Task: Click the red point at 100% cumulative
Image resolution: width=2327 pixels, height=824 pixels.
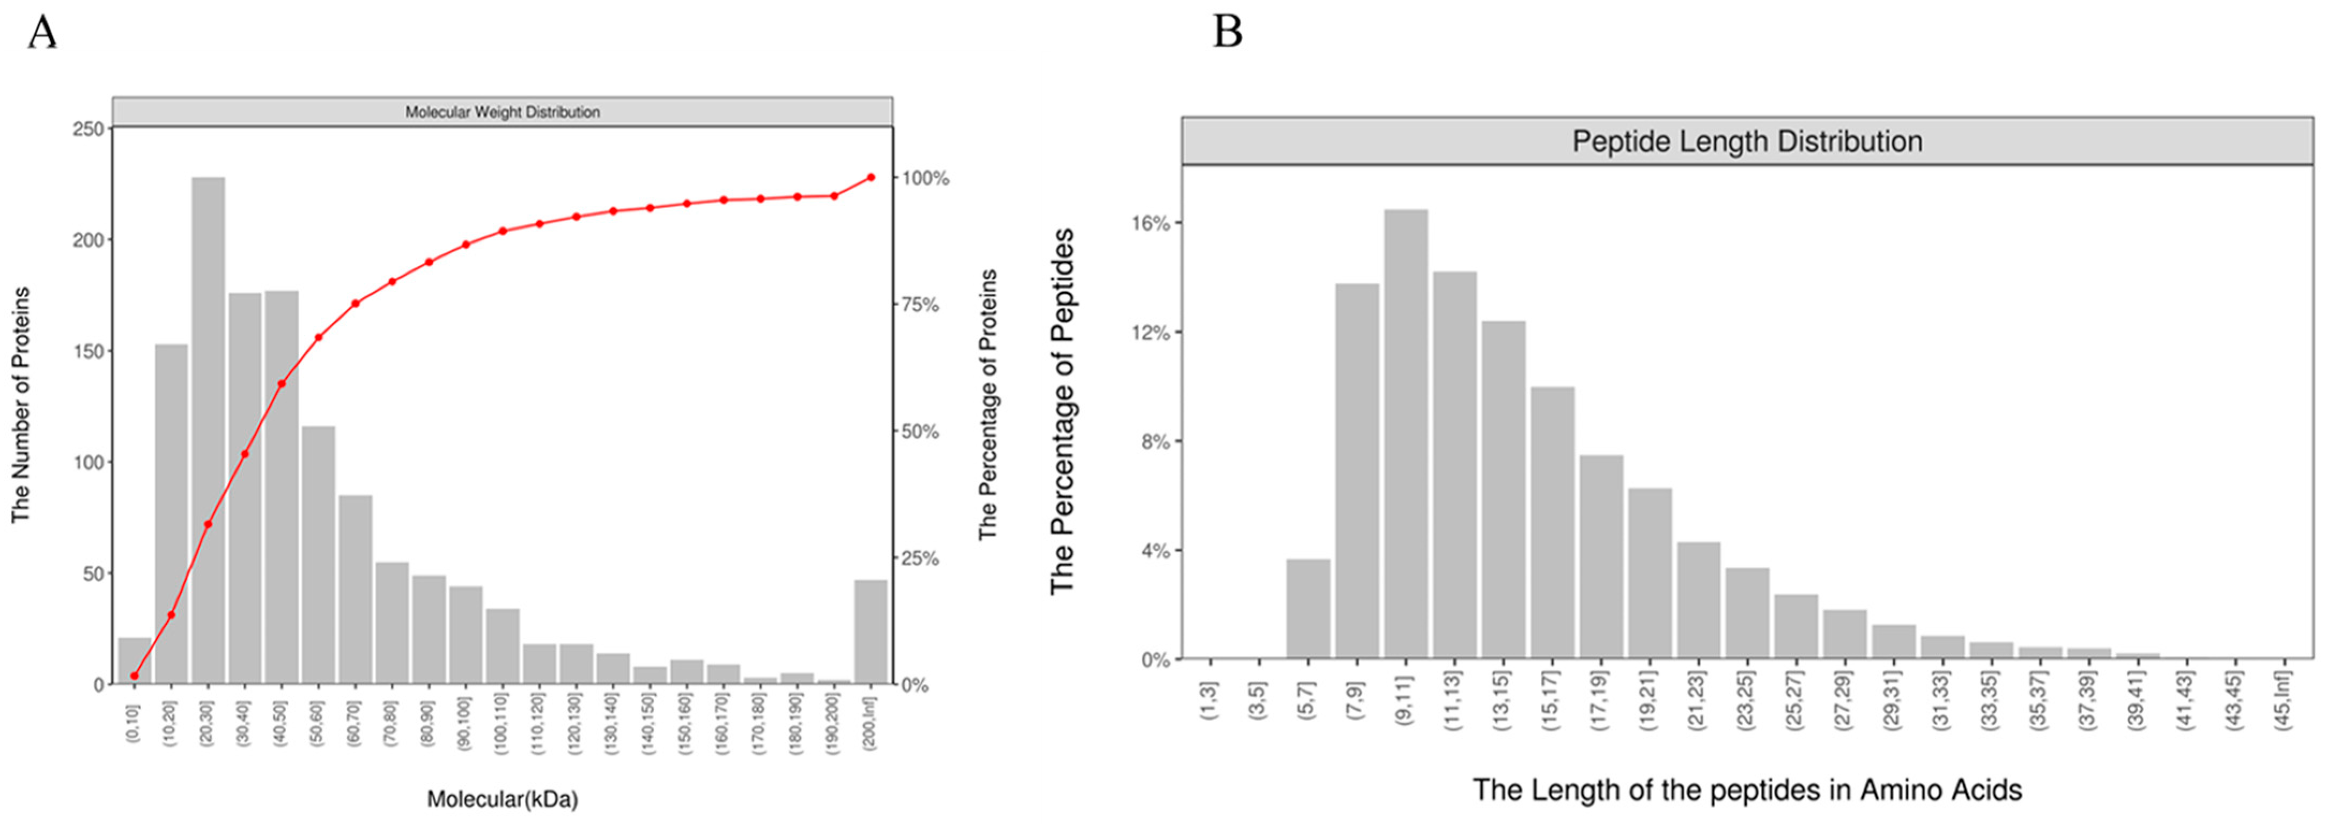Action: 871,177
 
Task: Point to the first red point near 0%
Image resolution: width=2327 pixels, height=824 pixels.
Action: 135,676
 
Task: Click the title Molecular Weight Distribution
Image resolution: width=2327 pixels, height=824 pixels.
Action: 503,112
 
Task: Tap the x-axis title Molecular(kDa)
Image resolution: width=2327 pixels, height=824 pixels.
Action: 503,799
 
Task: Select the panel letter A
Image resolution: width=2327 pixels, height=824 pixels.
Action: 42,33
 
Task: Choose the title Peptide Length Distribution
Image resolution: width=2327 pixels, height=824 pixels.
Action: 1747,142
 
